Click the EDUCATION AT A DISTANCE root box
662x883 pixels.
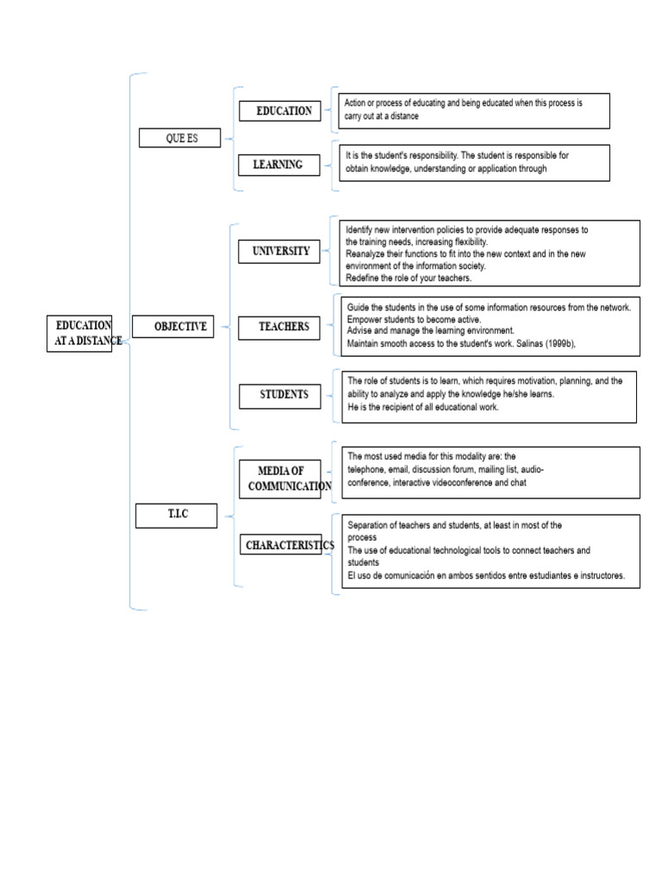tap(79, 334)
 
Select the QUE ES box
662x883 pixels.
tap(179, 138)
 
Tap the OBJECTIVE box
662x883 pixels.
tap(172, 327)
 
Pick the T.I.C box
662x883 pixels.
tap(176, 516)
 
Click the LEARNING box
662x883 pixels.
tap(279, 165)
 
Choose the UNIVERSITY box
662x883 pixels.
tap(279, 251)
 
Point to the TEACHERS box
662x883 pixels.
tap(279, 328)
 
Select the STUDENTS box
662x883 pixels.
tap(280, 396)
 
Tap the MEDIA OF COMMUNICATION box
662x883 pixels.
tap(280, 479)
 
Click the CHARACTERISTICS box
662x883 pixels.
tap(281, 545)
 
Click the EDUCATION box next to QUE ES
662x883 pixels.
tap(280, 111)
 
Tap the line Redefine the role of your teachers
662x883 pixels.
tap(408, 279)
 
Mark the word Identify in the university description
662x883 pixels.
tap(359, 229)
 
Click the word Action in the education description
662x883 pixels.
tap(354, 103)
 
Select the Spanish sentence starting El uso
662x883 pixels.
tap(486, 575)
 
